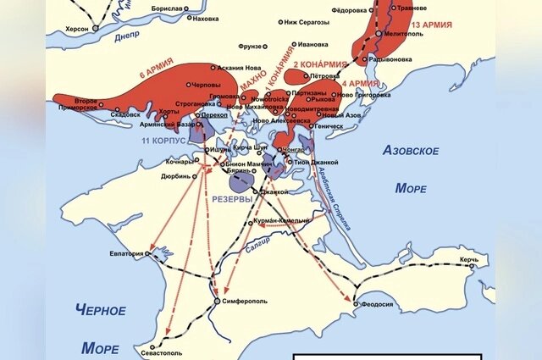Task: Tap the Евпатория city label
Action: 124,252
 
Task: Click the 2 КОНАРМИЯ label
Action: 320,64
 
